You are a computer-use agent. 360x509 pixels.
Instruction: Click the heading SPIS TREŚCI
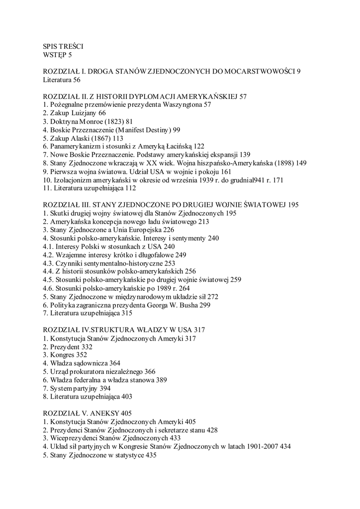coord(65,46)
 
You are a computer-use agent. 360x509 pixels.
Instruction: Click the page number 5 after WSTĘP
coord(70,54)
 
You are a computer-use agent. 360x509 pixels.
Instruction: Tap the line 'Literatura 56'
coord(61,80)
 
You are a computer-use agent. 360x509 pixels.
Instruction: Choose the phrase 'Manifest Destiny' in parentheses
coord(139,130)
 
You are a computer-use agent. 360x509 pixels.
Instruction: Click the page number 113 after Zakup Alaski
coord(117,139)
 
